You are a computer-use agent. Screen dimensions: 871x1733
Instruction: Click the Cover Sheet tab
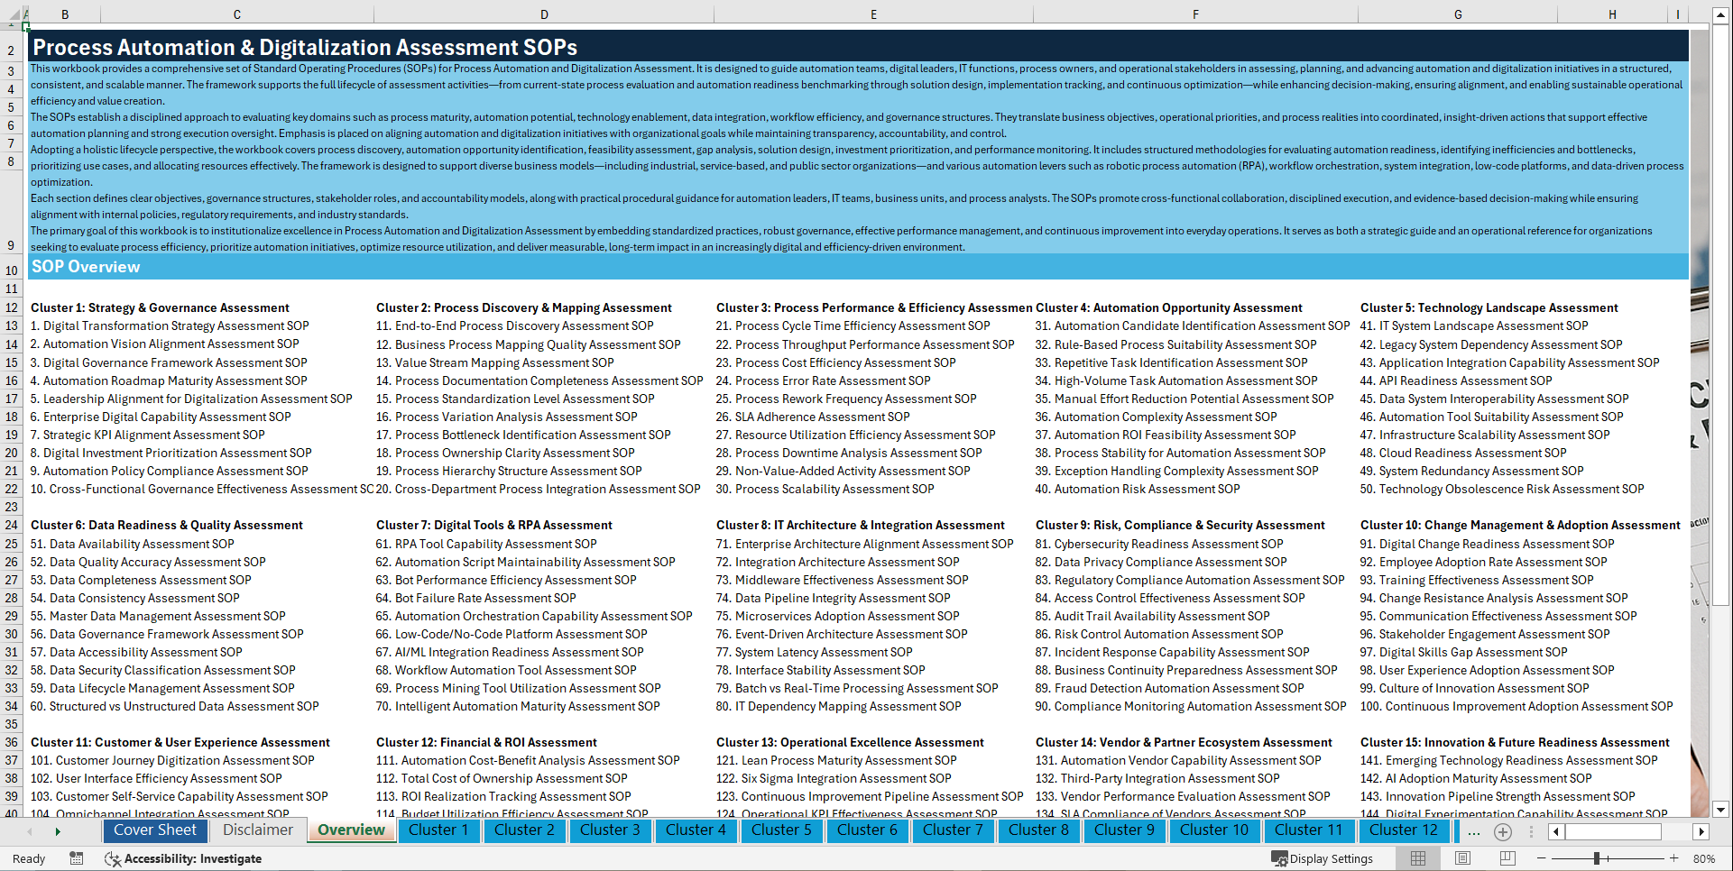pyautogui.click(x=154, y=830)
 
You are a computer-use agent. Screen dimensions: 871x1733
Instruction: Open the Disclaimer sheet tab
pyautogui.click(x=258, y=830)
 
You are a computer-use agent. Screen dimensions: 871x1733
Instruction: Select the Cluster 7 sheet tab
pyautogui.click(x=953, y=830)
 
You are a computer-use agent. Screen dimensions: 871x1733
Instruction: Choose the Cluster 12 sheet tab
pyautogui.click(x=1403, y=830)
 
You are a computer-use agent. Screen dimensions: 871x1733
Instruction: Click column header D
pyautogui.click(x=544, y=14)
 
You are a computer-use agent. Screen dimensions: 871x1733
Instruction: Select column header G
pyautogui.click(x=1458, y=14)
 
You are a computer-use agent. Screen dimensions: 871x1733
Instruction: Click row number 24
pyautogui.click(x=12, y=525)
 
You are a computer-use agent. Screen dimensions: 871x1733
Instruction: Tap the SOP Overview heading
pyautogui.click(x=86, y=267)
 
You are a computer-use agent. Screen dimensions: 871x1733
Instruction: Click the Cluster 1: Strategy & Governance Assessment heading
pyautogui.click(x=160, y=308)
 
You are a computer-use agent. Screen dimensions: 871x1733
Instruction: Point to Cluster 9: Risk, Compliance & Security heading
pyautogui.click(x=1180, y=526)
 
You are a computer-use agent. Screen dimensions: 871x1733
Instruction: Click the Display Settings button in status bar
pyautogui.click(x=1323, y=858)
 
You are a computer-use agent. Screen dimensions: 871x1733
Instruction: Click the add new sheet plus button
pyautogui.click(x=1503, y=831)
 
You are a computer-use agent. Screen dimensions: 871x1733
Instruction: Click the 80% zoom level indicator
pyautogui.click(x=1704, y=858)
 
